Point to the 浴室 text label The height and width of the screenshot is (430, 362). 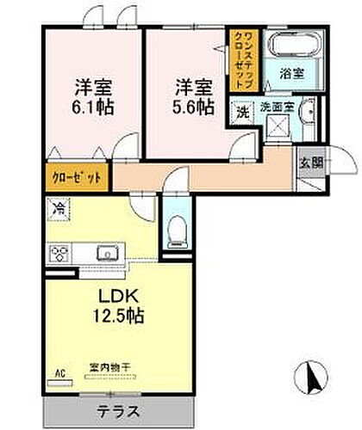[x=293, y=75]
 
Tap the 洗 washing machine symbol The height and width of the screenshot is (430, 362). [x=242, y=111]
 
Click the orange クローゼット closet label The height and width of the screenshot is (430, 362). [x=76, y=177]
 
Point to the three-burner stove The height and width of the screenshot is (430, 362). [x=61, y=254]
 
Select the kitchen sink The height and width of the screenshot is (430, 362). [x=109, y=253]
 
